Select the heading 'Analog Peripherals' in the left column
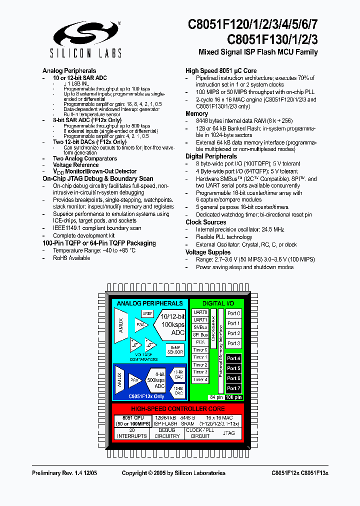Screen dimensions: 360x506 69,71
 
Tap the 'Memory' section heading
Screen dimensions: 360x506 196,114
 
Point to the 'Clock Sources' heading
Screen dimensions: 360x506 205,222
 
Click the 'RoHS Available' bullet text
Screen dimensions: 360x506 71,258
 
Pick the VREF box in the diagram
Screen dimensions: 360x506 147,313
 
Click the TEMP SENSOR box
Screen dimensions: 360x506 175,349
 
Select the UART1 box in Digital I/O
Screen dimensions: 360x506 200,320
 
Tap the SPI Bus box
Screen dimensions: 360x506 200,334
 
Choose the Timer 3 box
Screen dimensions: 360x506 200,372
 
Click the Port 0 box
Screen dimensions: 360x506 233,313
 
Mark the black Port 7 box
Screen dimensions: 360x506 233,388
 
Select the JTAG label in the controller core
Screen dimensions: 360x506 228,433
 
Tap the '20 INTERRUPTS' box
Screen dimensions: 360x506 132,433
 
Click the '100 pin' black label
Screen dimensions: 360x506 233,397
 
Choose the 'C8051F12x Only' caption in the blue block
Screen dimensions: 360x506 145,396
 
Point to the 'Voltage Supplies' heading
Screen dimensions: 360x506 208,252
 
